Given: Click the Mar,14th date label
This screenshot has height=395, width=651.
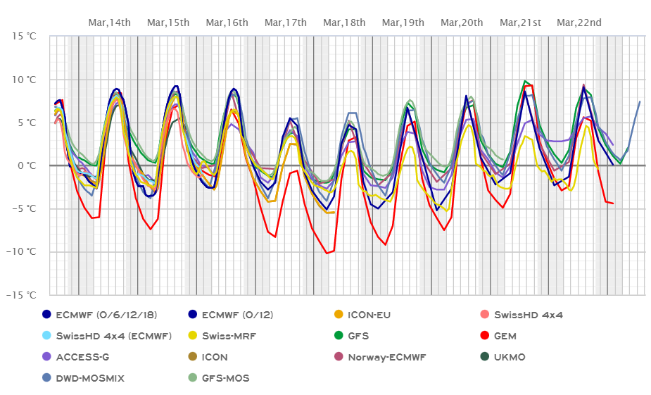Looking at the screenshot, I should coord(110,23).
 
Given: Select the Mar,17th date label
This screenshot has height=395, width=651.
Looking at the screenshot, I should coord(286,23).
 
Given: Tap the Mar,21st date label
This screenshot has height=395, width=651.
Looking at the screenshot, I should coord(520,23).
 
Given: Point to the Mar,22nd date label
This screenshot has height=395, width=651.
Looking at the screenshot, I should coord(579,23).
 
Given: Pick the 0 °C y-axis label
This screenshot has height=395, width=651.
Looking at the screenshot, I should coord(26,165).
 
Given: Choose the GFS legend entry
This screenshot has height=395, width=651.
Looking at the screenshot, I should coord(358,336).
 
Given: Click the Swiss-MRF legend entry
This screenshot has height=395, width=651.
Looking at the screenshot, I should coord(227,336).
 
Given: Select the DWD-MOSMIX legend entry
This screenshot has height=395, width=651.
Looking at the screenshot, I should coord(89,378).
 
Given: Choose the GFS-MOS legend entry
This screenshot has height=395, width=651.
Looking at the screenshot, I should coord(225,378).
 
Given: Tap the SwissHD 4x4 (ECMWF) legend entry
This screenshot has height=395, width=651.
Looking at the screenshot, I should coord(113,336).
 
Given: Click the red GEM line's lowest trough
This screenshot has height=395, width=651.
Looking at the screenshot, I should coord(327,253).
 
